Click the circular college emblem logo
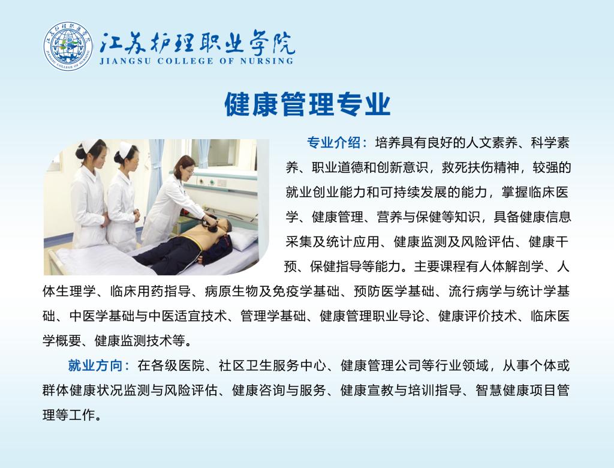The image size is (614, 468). (x=68, y=46)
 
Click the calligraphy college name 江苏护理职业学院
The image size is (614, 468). (x=197, y=42)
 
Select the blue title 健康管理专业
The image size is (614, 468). (x=308, y=104)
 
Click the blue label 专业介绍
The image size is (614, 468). (x=333, y=143)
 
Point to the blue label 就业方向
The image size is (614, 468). (x=95, y=365)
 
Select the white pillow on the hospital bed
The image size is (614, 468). (x=243, y=238)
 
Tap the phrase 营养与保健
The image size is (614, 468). (x=409, y=217)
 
